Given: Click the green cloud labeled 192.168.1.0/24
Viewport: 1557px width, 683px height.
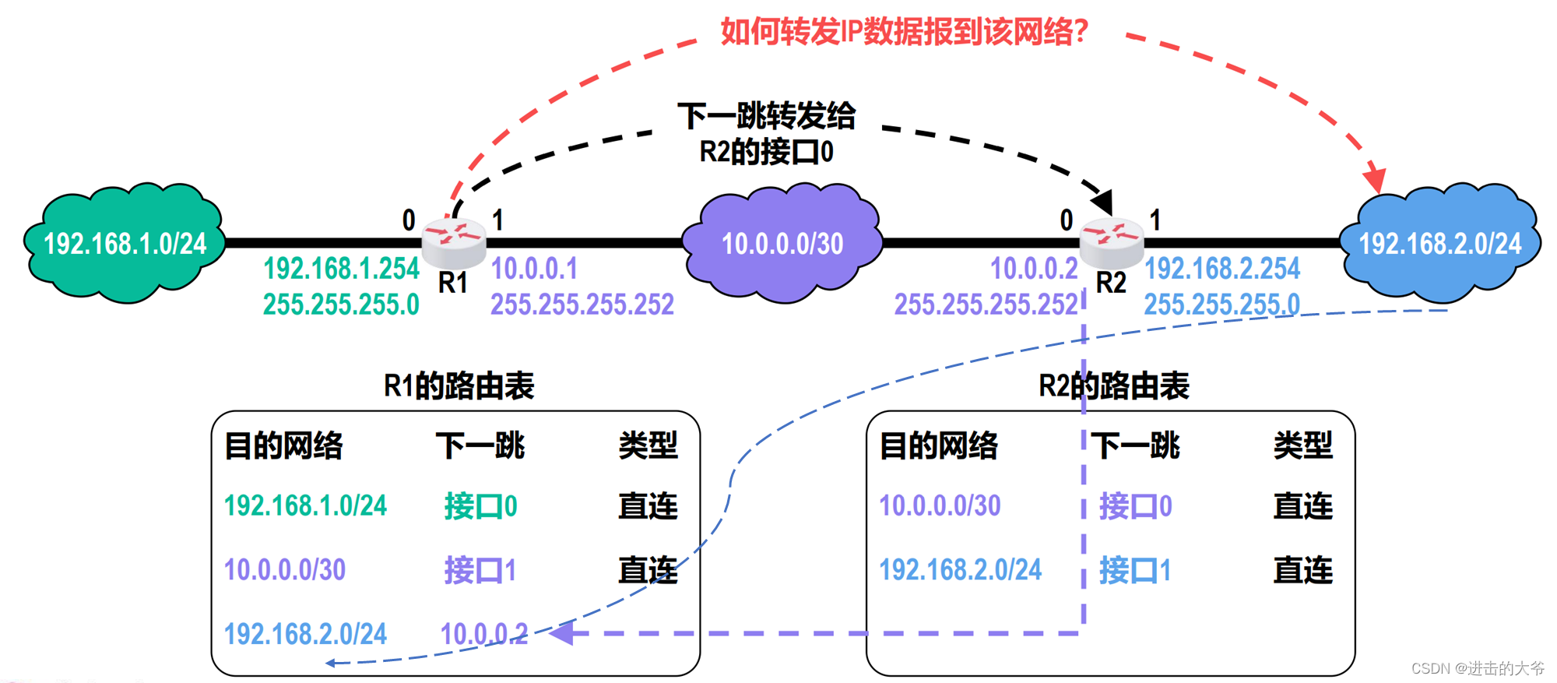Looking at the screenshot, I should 125,243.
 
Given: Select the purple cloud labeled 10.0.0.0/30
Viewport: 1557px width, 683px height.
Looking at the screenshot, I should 782,243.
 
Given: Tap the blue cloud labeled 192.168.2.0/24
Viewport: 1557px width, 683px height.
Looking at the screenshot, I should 1439,243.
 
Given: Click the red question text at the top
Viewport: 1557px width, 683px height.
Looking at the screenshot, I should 904,31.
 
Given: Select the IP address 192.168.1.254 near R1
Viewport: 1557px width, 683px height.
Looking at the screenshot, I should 341,269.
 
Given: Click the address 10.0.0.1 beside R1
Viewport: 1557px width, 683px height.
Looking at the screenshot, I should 534,269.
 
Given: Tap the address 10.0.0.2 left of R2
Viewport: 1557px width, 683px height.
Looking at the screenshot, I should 1033,269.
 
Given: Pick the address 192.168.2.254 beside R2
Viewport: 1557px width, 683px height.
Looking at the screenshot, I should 1221,269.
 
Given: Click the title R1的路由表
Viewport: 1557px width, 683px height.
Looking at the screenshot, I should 459,386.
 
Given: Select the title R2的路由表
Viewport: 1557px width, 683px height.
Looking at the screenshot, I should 1114,386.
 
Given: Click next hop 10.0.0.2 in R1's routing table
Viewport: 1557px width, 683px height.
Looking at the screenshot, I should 483,634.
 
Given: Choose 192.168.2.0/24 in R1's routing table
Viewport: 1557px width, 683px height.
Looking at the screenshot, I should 305,634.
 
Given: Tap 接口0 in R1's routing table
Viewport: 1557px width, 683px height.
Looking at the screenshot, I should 480,506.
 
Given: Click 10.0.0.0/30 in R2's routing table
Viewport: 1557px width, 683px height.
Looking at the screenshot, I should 940,506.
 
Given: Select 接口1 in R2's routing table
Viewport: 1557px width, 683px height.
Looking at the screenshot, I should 1135,571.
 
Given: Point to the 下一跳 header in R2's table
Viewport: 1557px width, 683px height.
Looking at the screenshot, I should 1135,445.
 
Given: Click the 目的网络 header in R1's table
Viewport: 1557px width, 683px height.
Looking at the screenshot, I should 283,445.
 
